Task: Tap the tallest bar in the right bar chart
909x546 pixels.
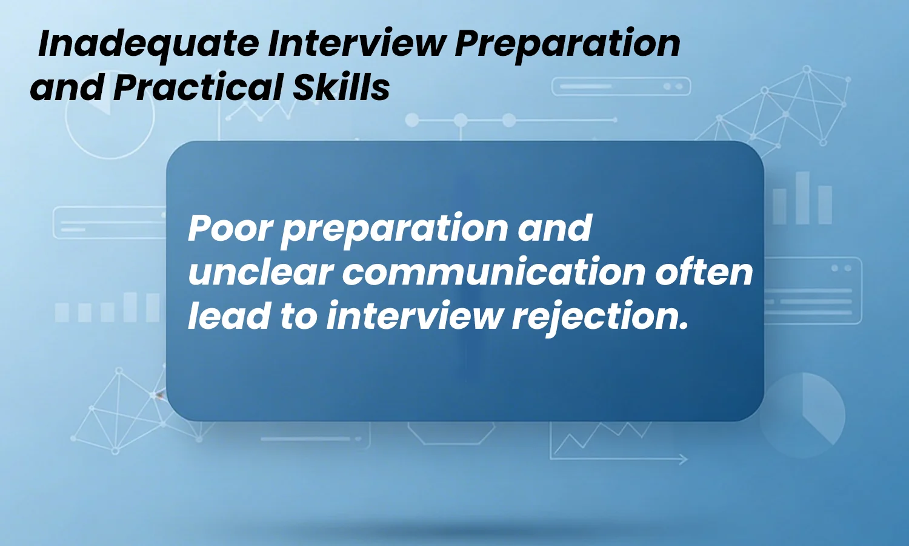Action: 802,198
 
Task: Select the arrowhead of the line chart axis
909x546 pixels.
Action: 683,459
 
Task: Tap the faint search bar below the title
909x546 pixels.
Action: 621,87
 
